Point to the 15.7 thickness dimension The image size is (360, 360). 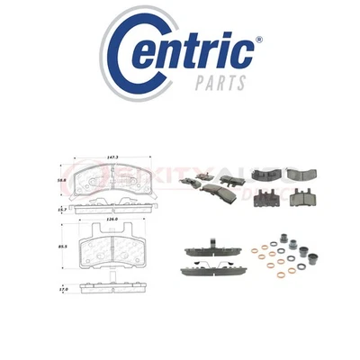coord(61,209)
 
